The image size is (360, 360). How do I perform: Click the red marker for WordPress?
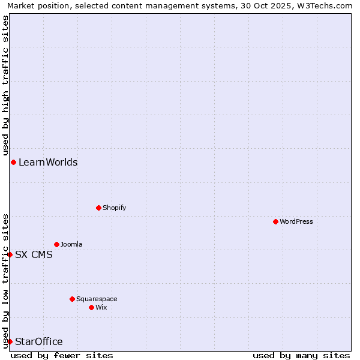275,221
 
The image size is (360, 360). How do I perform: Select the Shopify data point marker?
98,208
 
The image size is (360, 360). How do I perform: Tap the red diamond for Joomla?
56,244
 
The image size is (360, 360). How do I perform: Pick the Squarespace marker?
72,299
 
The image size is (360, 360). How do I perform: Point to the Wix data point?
91,307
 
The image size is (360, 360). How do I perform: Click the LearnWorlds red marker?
13,162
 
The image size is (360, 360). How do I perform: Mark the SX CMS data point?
10,254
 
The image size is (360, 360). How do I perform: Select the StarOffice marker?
10,341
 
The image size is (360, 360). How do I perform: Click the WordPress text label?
296,221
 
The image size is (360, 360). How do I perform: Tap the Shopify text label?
114,208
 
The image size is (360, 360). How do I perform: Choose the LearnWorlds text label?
48,162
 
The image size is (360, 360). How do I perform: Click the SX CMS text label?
34,254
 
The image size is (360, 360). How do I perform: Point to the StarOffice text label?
38,341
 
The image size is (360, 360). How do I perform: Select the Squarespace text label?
97,299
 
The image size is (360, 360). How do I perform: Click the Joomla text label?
71,244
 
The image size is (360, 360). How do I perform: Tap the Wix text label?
101,307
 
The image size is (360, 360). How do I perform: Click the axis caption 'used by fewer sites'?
62,355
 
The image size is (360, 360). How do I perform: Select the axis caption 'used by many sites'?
301,355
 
